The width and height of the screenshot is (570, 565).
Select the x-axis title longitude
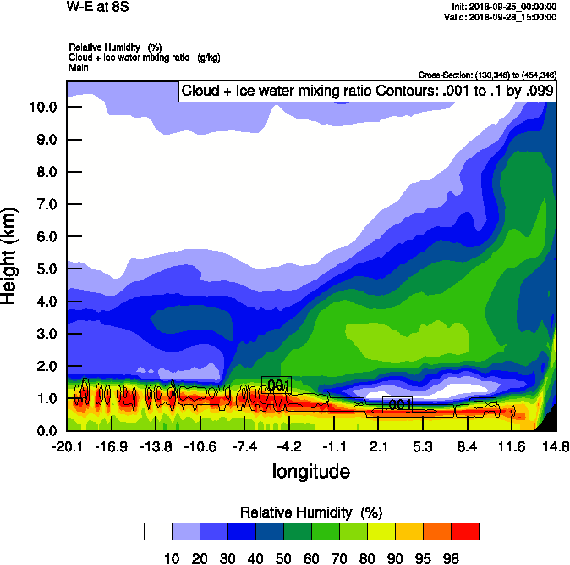(x=310, y=470)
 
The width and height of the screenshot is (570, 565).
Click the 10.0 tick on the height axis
(x=42, y=107)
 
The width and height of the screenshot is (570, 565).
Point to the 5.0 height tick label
(x=46, y=269)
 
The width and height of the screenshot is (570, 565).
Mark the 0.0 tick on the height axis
(x=46, y=431)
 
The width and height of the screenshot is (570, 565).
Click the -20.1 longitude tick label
(x=67, y=446)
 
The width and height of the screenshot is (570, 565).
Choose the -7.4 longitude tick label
(x=244, y=446)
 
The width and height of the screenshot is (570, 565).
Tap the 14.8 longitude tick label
(x=556, y=446)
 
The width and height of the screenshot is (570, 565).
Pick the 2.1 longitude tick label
(x=378, y=446)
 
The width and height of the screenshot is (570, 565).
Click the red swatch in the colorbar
(x=464, y=531)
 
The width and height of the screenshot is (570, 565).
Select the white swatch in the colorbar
(x=158, y=531)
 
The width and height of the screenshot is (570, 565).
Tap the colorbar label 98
(x=451, y=557)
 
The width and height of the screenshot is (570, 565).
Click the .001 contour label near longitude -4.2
(x=277, y=385)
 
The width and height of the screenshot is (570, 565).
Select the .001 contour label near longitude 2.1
(x=397, y=405)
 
